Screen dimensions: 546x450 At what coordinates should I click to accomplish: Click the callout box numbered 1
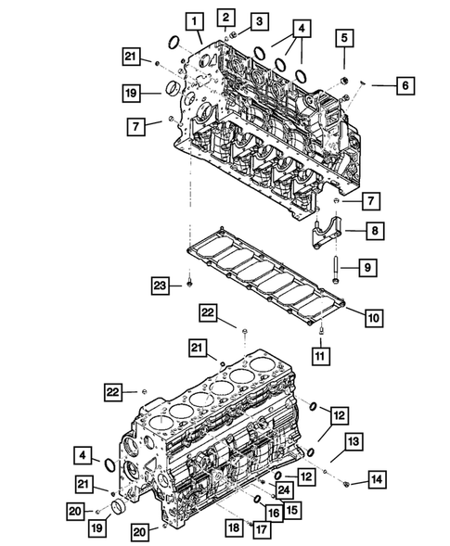194,19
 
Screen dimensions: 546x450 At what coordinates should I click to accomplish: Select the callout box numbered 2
226,15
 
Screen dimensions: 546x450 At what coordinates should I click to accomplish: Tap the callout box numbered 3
259,21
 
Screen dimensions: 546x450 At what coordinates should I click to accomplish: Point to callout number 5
344,38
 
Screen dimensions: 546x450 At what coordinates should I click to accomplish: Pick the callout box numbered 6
405,85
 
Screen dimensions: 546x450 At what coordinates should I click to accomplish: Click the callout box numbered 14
376,479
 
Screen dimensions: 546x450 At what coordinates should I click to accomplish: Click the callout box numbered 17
260,528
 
